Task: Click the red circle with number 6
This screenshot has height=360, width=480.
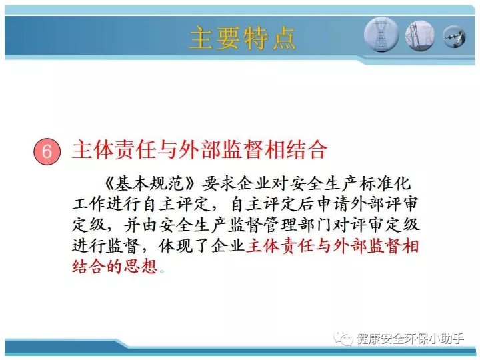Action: point(47,151)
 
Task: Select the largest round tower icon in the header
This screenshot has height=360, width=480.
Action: point(381,34)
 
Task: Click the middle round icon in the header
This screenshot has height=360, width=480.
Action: point(420,35)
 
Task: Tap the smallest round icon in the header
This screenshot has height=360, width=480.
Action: point(454,37)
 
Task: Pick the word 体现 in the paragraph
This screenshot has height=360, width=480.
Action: point(175,246)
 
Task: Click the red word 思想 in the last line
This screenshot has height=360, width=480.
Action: point(141,266)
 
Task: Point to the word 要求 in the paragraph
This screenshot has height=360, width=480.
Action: point(218,183)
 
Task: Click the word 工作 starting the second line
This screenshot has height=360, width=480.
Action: point(89,204)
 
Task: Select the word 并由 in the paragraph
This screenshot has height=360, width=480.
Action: point(141,225)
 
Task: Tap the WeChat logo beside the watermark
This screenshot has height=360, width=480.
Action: point(343,339)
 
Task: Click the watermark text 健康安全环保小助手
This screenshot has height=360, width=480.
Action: point(411,339)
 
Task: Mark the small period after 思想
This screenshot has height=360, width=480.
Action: point(162,271)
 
